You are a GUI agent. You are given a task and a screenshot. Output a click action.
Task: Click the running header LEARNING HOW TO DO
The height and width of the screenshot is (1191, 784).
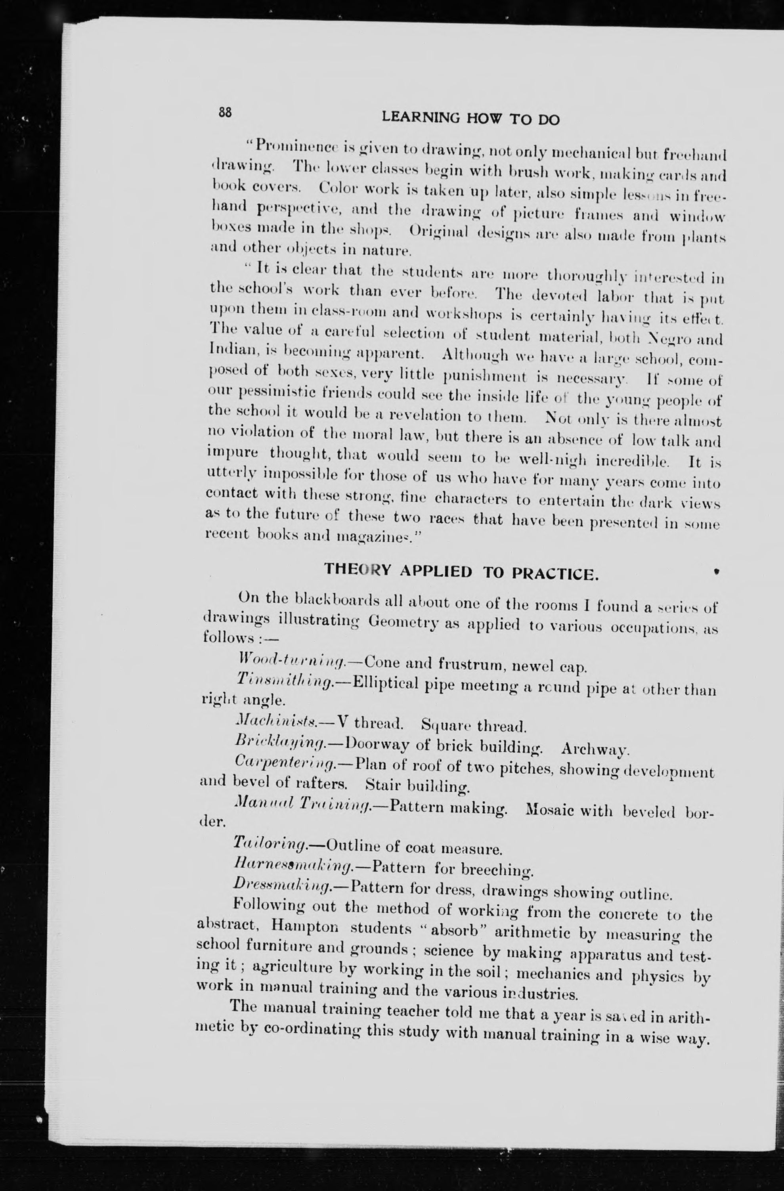470,119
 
